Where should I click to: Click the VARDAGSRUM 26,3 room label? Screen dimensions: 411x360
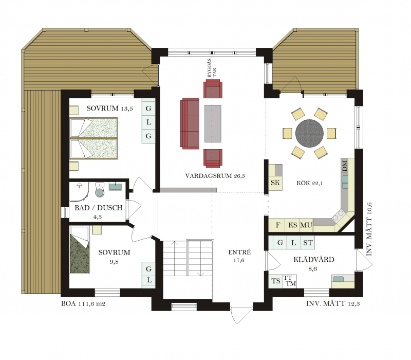[215, 176]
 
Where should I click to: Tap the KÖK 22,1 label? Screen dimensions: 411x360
[310, 183]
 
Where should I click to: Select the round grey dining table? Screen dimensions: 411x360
[309, 133]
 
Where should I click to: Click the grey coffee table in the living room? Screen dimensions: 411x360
[213, 123]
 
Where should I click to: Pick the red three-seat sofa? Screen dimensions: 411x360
[190, 123]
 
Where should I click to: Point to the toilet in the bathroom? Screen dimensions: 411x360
[100, 189]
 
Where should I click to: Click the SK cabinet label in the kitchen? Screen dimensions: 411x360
[275, 183]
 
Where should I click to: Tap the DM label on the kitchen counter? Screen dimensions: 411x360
[345, 166]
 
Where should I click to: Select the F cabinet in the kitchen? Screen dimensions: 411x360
[277, 225]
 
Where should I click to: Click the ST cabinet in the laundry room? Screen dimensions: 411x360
[308, 243]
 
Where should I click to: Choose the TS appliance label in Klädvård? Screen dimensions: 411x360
[276, 281]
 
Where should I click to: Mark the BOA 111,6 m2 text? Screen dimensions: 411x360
[83, 303]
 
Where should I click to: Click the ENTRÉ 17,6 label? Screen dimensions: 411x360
[239, 256]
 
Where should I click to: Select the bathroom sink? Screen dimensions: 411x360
[115, 187]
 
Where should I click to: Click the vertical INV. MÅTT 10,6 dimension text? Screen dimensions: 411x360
[369, 229]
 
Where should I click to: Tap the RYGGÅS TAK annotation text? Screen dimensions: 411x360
[212, 68]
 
